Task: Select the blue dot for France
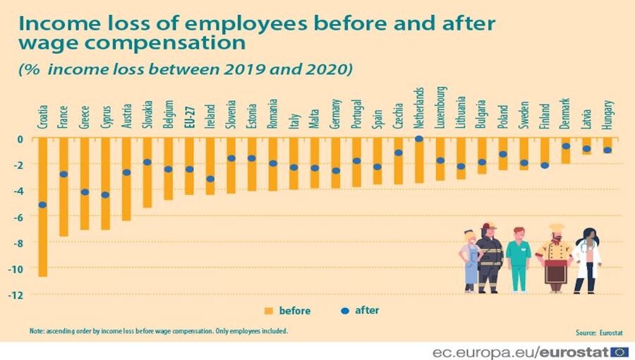[64, 174]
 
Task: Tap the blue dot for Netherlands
[418, 138]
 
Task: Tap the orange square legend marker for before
[268, 311]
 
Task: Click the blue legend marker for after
[344, 310]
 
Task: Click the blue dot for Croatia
[43, 205]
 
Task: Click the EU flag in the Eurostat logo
[619, 352]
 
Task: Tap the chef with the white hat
[555, 258]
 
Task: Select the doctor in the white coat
[587, 260]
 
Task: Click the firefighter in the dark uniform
[489, 258]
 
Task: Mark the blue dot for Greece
[85, 192]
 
